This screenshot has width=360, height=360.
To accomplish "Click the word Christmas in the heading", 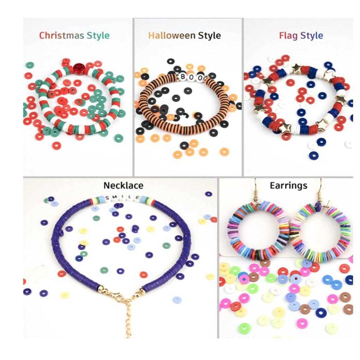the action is pyautogui.click(x=61, y=36).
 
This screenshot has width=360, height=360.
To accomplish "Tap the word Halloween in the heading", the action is pyautogui.click(x=172, y=36).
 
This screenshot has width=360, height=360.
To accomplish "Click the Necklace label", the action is pyautogui.click(x=123, y=185).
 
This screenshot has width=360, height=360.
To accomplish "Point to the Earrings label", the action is pyautogui.click(x=288, y=186).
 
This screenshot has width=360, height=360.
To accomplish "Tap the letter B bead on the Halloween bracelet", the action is pyautogui.click(x=183, y=76).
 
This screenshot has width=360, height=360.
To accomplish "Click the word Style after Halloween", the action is pyautogui.click(x=209, y=36).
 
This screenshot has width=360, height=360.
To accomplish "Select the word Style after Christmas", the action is pyautogui.click(x=98, y=36).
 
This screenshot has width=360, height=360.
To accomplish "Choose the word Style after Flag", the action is pyautogui.click(x=312, y=36).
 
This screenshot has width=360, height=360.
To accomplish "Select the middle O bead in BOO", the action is pyautogui.click(x=191, y=77).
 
